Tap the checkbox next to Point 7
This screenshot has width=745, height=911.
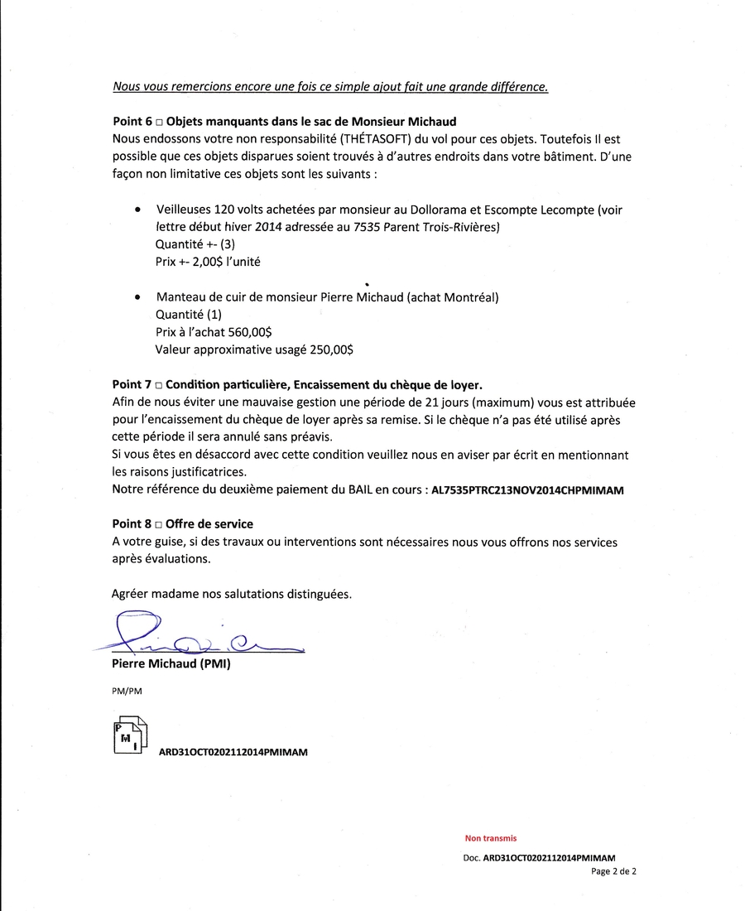click(x=158, y=385)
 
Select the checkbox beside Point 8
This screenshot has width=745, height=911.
click(x=158, y=524)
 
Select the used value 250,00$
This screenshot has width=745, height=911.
click(x=331, y=349)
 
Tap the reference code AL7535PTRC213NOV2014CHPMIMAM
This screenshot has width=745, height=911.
click(x=527, y=490)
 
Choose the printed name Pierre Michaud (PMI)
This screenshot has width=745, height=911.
click(x=171, y=664)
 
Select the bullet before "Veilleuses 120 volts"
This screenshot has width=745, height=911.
click(x=137, y=210)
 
